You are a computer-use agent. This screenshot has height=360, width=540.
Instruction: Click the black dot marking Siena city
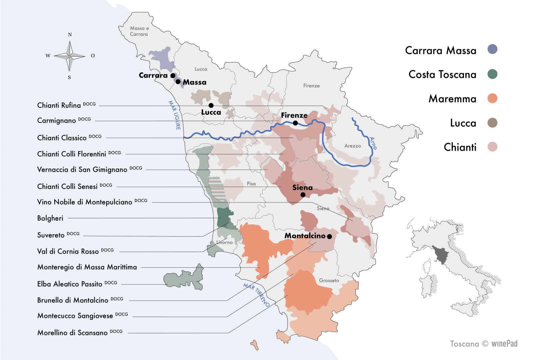coord(303,195)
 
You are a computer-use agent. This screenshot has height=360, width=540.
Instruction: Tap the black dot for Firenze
coord(295,123)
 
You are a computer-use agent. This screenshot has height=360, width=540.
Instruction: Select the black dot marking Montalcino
coord(329,236)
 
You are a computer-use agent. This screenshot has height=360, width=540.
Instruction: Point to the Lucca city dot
coord(211,105)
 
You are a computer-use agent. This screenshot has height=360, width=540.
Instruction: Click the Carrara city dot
coord(173,76)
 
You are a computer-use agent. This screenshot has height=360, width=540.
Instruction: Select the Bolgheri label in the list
coord(50,218)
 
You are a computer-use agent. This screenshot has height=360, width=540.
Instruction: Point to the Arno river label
coord(373,143)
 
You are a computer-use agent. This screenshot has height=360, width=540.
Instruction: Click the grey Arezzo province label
coord(353,146)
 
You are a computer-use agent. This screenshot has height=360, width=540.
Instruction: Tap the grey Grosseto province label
coord(329,281)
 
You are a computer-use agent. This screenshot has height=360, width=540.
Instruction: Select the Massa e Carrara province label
coord(139,31)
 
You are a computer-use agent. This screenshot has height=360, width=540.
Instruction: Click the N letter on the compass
coord(70,35)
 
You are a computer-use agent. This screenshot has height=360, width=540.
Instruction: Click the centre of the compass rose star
coord(70,56)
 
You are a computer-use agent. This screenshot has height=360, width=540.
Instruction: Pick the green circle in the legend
coord(492,74)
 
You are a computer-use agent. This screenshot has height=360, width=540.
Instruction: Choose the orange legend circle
coord(492,98)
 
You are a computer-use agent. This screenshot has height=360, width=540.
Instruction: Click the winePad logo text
coord(504,344)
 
